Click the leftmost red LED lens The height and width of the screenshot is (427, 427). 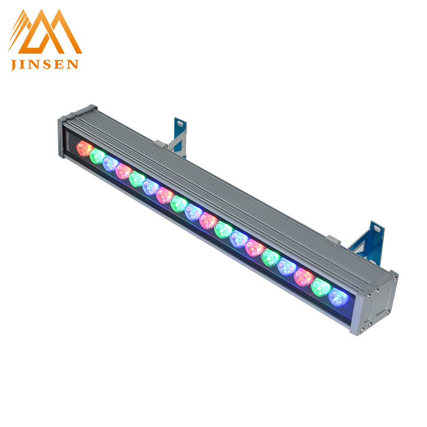coord(84,149)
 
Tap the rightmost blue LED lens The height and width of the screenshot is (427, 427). coord(338,298)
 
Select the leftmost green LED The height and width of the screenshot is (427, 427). coord(97,157)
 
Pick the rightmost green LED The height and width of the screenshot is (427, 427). coord(321,288)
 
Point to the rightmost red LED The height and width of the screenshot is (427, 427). coord(303,277)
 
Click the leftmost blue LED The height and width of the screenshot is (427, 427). coord(110,164)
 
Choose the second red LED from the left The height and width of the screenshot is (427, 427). coord(124,171)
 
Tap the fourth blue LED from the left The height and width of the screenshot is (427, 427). coord(239,239)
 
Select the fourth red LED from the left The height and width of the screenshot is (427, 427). coord(208,221)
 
